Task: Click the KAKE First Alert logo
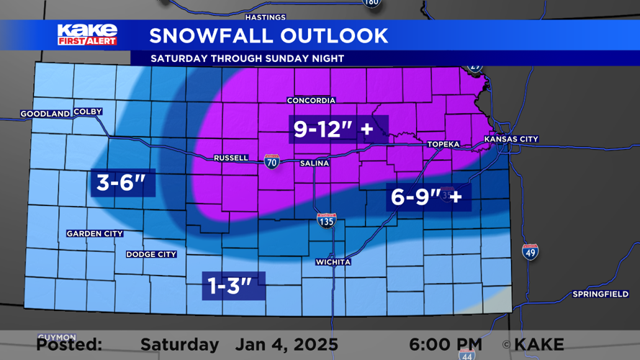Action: pyautogui.click(x=87, y=34)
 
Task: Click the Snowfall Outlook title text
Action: pyautogui.click(x=269, y=35)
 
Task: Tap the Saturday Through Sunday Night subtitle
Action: pyautogui.click(x=247, y=58)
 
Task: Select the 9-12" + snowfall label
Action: pyautogui.click(x=334, y=130)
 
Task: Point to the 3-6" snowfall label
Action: pyautogui.click(x=126, y=183)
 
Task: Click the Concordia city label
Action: pyautogui.click(x=311, y=100)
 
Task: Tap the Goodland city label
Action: pyautogui.click(x=45, y=114)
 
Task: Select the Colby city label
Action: pyautogui.click(x=88, y=112)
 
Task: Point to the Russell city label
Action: pyautogui.click(x=231, y=158)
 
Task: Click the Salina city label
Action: pyautogui.click(x=314, y=163)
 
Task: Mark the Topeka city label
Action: pyautogui.click(x=443, y=144)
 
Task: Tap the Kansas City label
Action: pyautogui.click(x=511, y=139)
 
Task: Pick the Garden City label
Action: pyautogui.click(x=94, y=233)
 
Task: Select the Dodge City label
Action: pyautogui.click(x=151, y=254)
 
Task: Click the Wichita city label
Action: pyautogui.click(x=333, y=262)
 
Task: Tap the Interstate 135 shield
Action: pyautogui.click(x=326, y=221)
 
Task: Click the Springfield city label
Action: pyautogui.click(x=600, y=294)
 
